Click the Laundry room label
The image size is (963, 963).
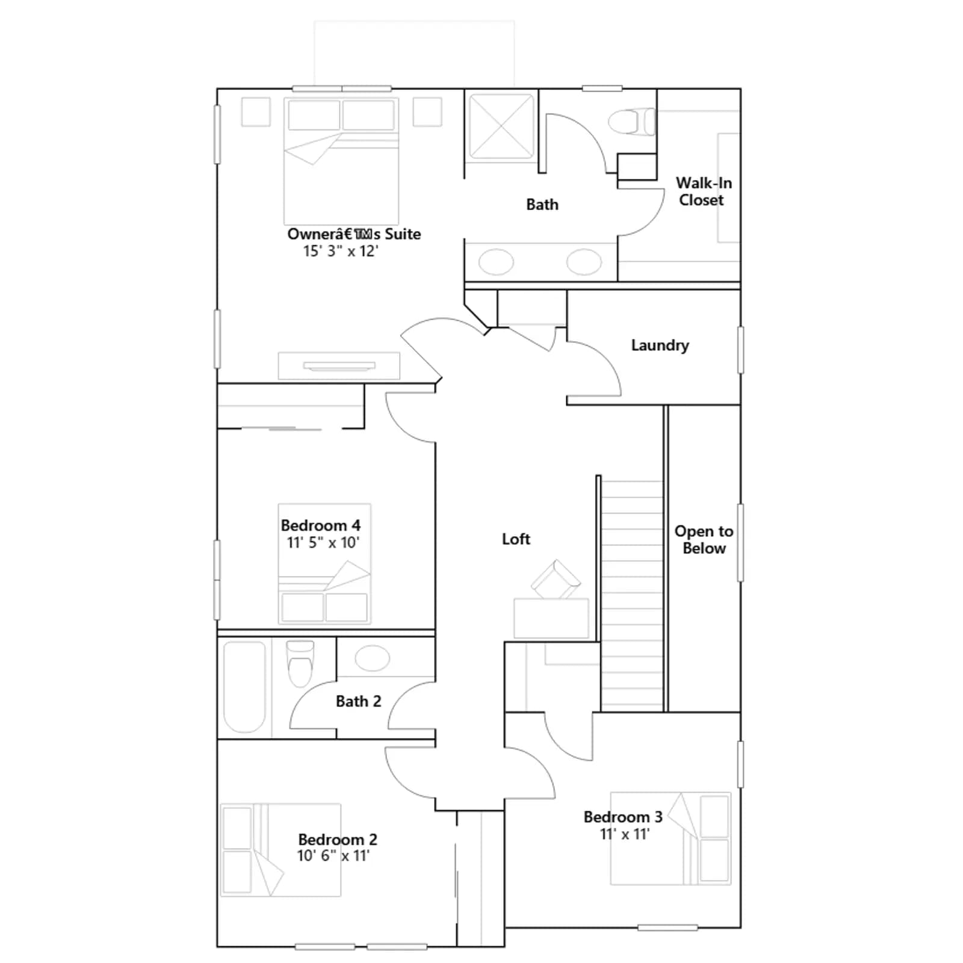click(x=660, y=345)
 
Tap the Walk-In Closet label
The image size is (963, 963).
click(x=703, y=191)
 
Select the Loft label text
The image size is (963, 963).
click(x=516, y=539)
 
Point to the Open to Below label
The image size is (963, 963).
click(x=704, y=539)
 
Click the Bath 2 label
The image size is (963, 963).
click(x=358, y=701)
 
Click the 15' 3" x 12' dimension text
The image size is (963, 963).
click(x=341, y=251)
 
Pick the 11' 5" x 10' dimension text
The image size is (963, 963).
click(x=323, y=542)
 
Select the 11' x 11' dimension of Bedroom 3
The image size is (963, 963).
click(x=625, y=834)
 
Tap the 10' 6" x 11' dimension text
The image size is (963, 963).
click(x=333, y=855)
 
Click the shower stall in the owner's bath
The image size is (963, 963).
click(x=501, y=126)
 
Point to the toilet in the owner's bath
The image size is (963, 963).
click(x=631, y=122)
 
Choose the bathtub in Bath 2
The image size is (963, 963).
click(x=244, y=687)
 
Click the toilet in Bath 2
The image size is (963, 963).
click(x=300, y=663)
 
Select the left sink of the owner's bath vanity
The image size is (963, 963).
click(x=496, y=262)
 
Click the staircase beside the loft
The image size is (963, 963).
click(x=632, y=593)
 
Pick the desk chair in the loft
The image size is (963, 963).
click(x=556, y=580)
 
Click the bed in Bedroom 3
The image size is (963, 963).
click(x=670, y=838)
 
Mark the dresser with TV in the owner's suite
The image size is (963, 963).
click(x=339, y=365)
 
